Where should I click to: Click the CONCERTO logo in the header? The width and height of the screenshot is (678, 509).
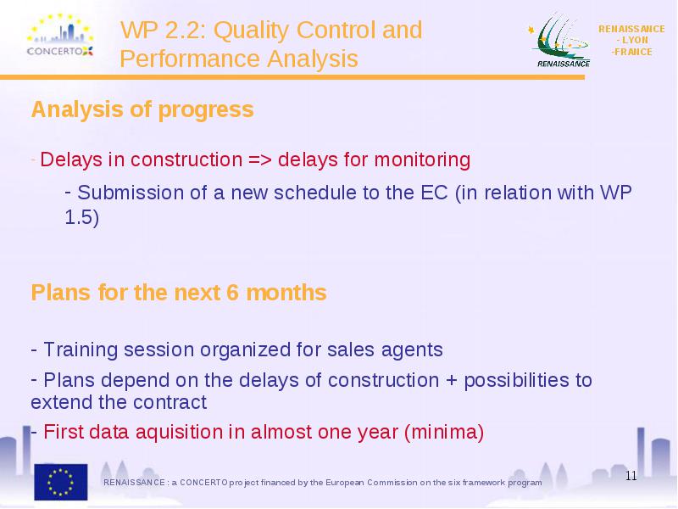60,36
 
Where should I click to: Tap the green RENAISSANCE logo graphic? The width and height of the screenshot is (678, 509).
559,40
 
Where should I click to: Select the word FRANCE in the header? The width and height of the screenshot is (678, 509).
633,52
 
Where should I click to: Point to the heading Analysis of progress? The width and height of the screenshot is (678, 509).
142,109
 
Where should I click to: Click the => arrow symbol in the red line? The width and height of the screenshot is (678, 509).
260,159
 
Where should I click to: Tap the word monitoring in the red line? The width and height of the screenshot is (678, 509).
422,160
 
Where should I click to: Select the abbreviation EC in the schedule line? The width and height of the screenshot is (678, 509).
434,193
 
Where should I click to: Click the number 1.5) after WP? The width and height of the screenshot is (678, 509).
81,217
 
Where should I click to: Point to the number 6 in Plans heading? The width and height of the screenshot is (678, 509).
232,293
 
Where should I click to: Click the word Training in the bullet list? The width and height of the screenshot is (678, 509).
81,350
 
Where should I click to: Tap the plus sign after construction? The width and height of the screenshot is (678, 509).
452,381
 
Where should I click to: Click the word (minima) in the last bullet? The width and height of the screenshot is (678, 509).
444,433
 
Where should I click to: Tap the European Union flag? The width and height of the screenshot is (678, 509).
61,482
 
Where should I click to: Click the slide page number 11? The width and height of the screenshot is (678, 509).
631,476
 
